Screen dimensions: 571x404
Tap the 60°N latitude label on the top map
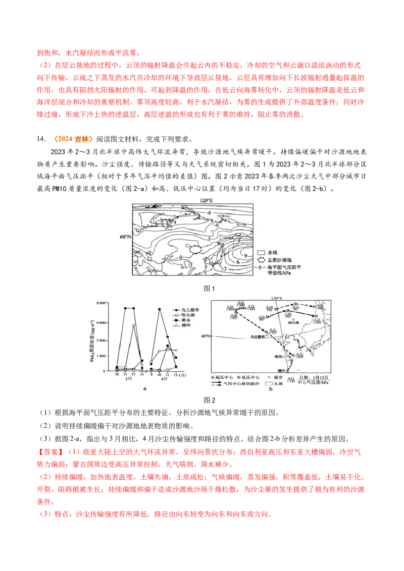tap(125, 236)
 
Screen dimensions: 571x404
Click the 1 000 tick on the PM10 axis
tap(100, 356)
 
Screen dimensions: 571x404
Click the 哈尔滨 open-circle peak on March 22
tap(133, 325)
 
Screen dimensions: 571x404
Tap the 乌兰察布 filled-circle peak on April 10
tap(160, 309)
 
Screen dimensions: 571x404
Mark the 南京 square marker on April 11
tap(168, 346)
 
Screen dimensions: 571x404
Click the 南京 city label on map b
tap(277, 356)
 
